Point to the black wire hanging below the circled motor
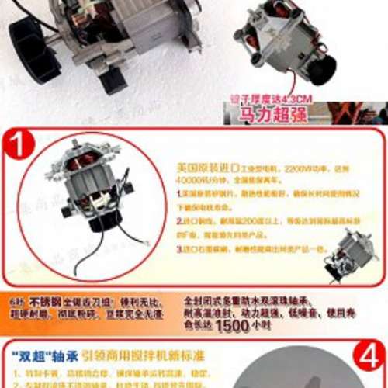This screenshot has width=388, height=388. point(78,256)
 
